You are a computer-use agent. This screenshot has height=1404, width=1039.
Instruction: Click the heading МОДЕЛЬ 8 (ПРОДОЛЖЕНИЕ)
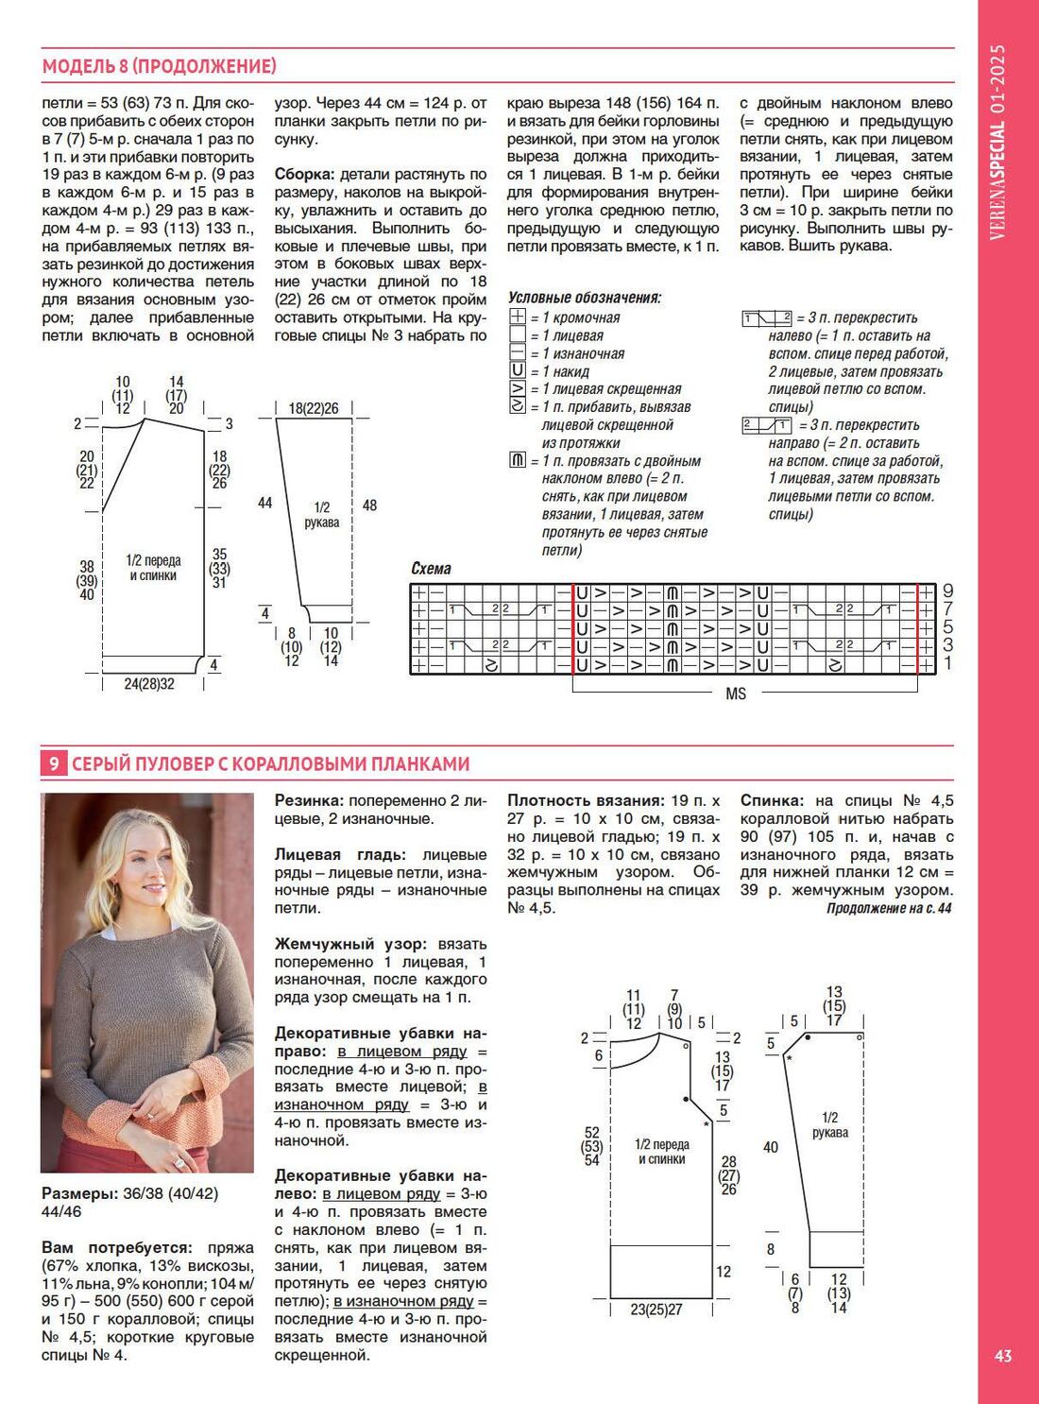[160, 66]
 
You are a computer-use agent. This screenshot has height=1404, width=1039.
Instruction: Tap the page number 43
[1003, 1356]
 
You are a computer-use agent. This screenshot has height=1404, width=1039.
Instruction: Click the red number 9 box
[53, 763]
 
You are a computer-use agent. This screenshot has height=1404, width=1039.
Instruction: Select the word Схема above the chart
[431, 569]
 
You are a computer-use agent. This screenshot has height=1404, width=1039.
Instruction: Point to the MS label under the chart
[736, 693]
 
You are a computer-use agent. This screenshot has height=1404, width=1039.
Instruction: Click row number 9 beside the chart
[947, 591]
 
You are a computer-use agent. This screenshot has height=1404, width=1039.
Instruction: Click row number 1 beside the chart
[947, 664]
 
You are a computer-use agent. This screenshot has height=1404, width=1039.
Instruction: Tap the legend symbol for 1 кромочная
[517, 317]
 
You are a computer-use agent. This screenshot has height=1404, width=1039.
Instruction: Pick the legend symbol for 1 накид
[517, 371]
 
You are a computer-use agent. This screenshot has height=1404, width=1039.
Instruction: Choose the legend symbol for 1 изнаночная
[517, 353]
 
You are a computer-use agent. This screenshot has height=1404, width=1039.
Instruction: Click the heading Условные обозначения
[584, 298]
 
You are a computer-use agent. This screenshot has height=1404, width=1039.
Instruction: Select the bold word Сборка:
[304, 175]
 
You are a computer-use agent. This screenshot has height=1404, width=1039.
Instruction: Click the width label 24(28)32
[149, 684]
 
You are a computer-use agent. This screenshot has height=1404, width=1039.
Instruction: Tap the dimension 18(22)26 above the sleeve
[314, 408]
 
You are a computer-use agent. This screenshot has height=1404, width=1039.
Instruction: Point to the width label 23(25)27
[656, 1310]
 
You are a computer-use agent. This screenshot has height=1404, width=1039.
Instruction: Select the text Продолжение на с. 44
[889, 908]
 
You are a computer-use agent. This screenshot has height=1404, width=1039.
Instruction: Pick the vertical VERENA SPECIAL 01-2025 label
[998, 142]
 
